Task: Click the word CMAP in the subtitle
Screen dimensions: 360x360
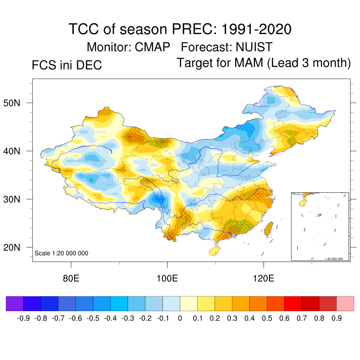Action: point(153,47)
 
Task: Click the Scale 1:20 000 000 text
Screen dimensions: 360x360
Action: point(62,253)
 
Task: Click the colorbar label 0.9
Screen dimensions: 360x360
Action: point(336,319)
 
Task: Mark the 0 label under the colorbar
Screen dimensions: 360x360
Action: point(180,319)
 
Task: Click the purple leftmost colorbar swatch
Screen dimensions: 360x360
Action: point(15,304)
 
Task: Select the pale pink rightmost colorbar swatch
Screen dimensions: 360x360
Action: point(345,304)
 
